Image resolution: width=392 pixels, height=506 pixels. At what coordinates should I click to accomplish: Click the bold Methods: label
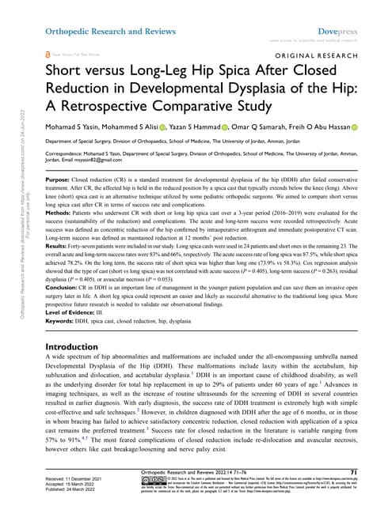(64, 214)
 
